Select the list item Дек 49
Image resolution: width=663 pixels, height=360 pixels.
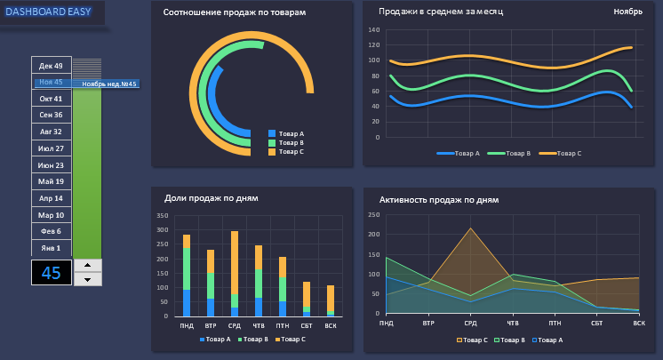[x=51, y=66]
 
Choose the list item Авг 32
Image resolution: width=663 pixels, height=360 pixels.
[x=51, y=132]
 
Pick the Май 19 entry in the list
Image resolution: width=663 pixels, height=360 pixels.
[x=51, y=181]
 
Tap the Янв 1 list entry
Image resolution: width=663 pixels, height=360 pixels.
[x=51, y=248]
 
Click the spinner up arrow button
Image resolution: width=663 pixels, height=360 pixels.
[x=87, y=265]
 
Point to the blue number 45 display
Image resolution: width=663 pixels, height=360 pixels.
[x=52, y=273]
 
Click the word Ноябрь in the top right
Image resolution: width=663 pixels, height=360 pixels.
[x=627, y=12]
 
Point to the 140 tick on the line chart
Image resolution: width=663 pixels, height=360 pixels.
[x=373, y=30]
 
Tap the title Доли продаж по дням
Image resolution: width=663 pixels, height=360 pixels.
[x=211, y=197]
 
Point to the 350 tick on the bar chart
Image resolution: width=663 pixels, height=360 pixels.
[x=162, y=216]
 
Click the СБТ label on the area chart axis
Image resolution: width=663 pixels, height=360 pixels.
[x=596, y=324]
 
